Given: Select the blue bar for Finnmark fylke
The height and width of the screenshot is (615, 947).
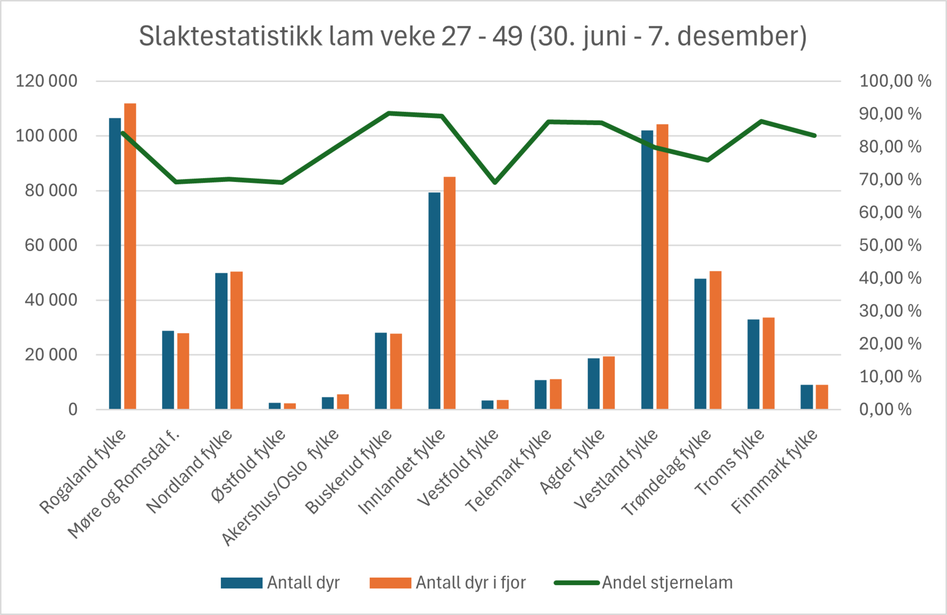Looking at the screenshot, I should coord(807,397).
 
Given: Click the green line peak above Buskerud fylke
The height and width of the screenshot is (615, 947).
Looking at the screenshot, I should coord(389,113).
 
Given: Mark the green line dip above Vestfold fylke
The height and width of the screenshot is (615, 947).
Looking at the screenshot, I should coord(495,182).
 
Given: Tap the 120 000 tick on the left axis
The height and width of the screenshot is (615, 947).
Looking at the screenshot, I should coord(46,81).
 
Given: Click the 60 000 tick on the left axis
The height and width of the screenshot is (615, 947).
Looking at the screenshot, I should coord(51,245).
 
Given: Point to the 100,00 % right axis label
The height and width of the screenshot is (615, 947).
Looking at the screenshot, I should coord(895,81).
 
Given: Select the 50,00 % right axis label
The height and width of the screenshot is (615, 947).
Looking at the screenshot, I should coord(890,245).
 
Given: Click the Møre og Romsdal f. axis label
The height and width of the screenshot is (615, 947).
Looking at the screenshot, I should coord(124,484).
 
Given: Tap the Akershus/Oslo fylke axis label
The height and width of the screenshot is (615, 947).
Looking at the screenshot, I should coord(280,487).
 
